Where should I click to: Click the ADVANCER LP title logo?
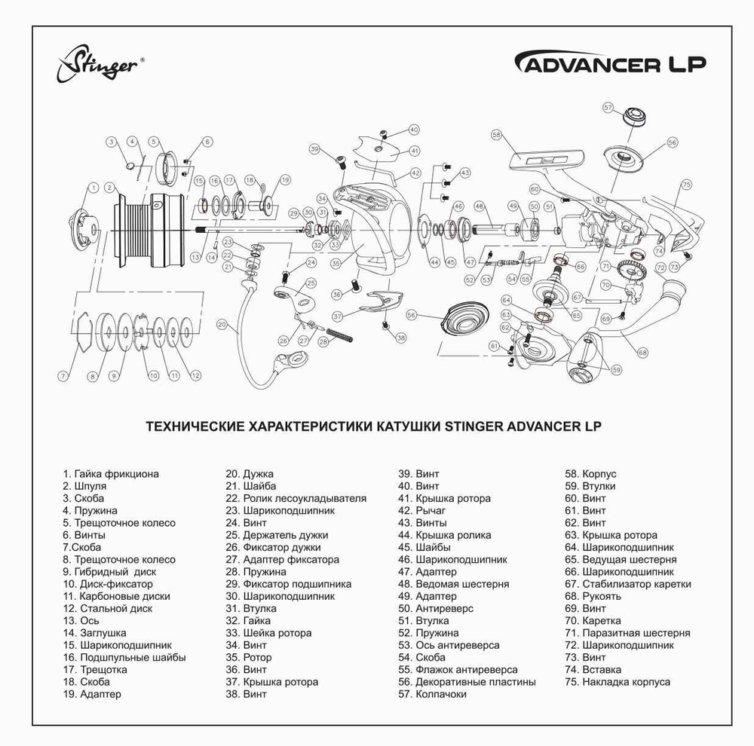click(610, 63)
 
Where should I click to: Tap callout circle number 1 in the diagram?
click(93, 186)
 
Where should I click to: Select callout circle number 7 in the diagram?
click(64, 375)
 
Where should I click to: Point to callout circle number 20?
click(222, 325)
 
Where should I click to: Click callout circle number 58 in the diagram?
click(496, 135)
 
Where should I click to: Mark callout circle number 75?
click(686, 185)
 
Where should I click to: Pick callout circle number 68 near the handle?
click(642, 352)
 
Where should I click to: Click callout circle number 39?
click(314, 149)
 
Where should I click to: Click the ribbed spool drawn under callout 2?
click(147, 229)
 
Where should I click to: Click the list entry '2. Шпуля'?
click(84, 486)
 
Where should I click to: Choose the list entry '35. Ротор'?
click(249, 657)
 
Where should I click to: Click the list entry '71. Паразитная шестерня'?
click(627, 633)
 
